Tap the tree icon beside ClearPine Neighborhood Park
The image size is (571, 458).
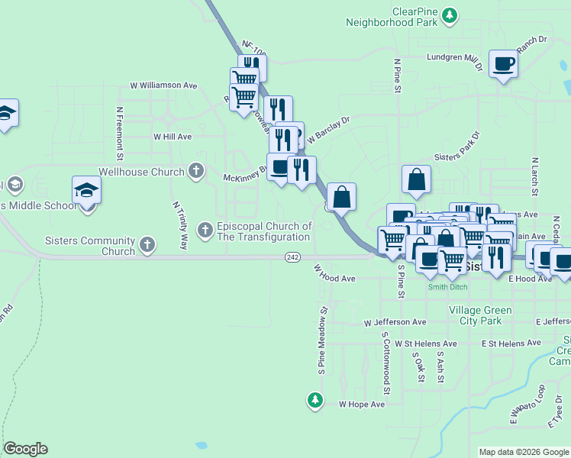(x=450, y=14)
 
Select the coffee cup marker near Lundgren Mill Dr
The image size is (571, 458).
(x=503, y=64)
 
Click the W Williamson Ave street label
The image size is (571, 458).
(x=163, y=85)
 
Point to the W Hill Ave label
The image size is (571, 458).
(x=173, y=137)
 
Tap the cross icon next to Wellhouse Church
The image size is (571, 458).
(x=196, y=170)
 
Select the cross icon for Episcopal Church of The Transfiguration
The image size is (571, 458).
(x=205, y=229)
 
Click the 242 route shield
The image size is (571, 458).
(x=292, y=258)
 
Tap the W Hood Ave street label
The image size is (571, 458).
(x=335, y=273)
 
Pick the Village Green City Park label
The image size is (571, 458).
(x=480, y=315)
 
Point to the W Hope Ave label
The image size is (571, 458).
(x=362, y=404)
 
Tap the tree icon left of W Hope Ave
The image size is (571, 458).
(x=315, y=399)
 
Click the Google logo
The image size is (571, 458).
(x=25, y=449)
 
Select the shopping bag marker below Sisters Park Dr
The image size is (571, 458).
(x=416, y=180)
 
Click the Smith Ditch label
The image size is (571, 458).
(x=447, y=287)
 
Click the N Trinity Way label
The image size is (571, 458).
(x=180, y=226)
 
